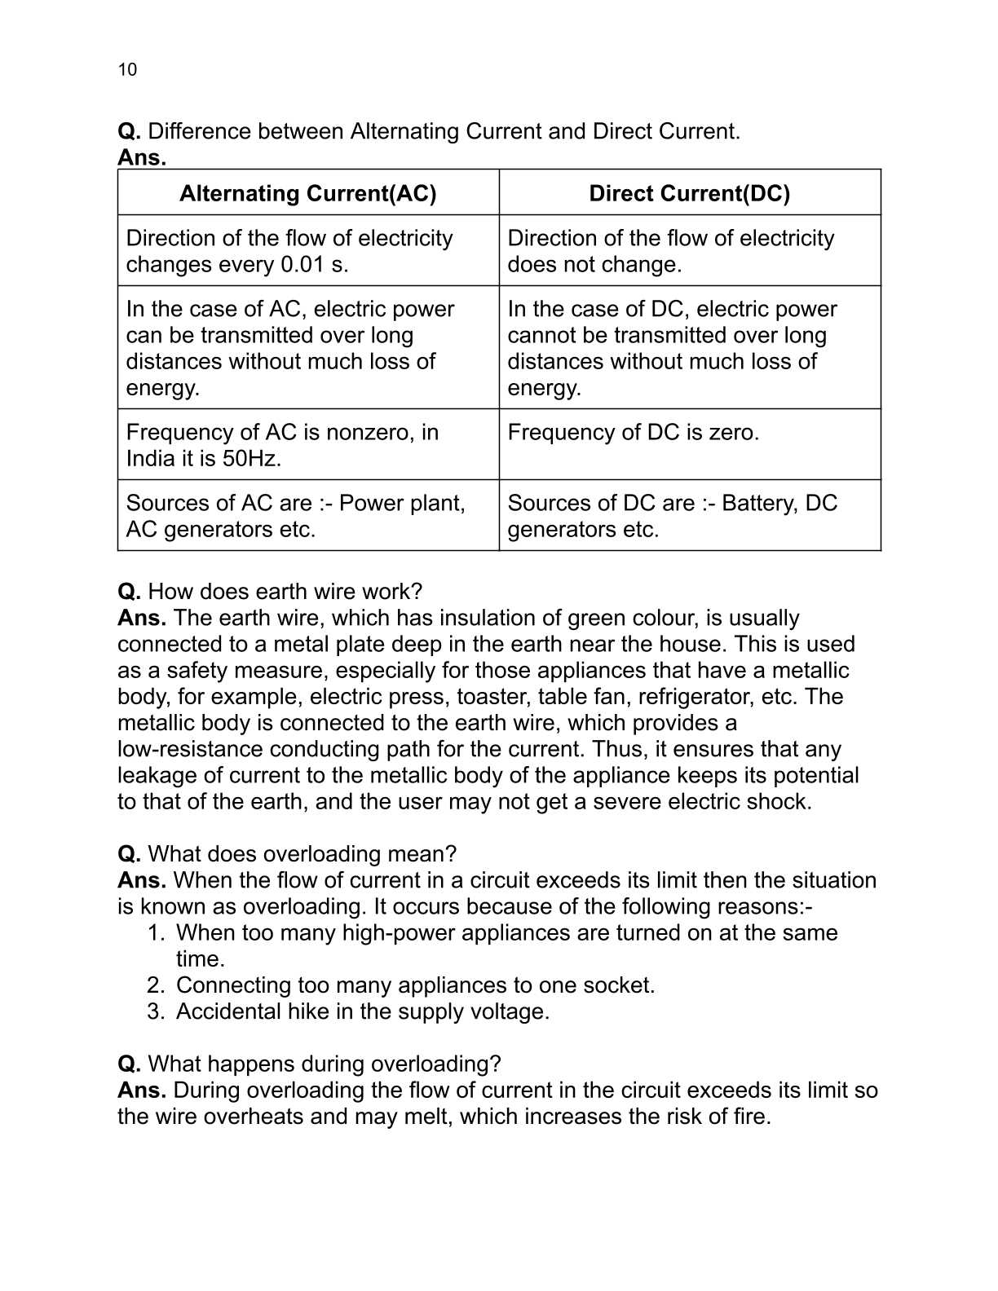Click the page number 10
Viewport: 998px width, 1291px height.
(x=127, y=69)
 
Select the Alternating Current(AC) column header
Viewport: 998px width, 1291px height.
(x=307, y=193)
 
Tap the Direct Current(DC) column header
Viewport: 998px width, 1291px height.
(x=689, y=193)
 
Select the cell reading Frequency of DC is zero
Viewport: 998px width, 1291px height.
(x=633, y=432)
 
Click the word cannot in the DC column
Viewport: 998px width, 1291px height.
(x=536, y=336)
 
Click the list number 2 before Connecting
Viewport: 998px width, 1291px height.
(x=155, y=985)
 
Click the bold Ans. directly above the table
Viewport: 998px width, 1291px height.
(x=141, y=157)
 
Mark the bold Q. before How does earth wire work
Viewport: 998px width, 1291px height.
(x=129, y=592)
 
